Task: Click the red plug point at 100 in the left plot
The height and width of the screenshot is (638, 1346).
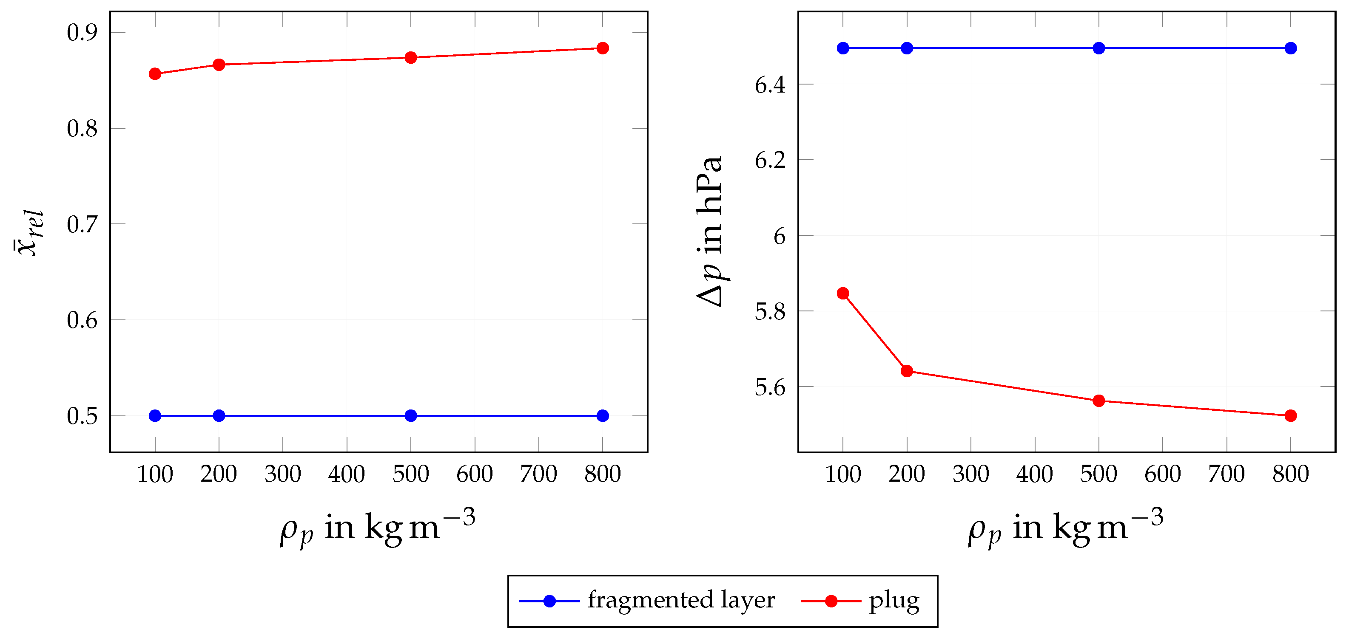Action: click(155, 73)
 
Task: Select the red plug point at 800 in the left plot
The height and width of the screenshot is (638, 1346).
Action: click(603, 48)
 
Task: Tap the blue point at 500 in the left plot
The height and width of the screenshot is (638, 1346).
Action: click(411, 415)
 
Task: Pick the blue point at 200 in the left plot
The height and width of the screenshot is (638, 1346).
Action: click(219, 415)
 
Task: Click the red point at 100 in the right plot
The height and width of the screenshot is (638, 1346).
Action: click(843, 294)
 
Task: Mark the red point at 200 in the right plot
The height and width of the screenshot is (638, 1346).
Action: click(907, 371)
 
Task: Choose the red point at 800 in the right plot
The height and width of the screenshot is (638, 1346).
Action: click(1291, 415)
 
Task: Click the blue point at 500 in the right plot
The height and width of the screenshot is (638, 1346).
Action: click(1099, 48)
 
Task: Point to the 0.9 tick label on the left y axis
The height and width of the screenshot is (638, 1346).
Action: click(82, 33)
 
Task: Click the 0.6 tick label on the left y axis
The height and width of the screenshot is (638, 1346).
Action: click(82, 320)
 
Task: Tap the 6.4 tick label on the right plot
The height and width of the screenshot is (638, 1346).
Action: click(770, 85)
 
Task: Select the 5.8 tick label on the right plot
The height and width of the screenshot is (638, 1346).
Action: click(770, 312)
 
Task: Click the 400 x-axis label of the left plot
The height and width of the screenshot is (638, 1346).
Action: click(347, 474)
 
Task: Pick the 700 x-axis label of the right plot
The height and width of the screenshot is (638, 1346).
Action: click(1226, 474)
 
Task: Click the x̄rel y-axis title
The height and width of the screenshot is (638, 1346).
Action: click(29, 233)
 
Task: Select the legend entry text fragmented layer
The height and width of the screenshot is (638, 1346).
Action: click(681, 600)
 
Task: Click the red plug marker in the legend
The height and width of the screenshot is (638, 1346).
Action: click(831, 601)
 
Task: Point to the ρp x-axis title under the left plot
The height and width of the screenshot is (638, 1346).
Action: click(377, 528)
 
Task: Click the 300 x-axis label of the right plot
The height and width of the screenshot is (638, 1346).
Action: click(971, 474)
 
